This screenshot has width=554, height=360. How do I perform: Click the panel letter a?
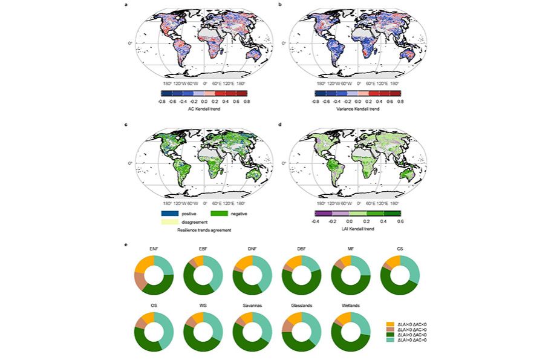click(126, 5)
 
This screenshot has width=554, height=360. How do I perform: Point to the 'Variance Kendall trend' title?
click(357, 110)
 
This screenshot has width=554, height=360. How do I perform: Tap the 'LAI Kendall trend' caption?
click(357, 231)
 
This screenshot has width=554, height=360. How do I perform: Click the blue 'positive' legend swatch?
click(169, 214)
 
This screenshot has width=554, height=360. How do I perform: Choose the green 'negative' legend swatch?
click(218, 214)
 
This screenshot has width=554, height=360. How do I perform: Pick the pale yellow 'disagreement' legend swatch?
click(169, 222)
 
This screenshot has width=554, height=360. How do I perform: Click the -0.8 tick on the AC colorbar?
click(161, 102)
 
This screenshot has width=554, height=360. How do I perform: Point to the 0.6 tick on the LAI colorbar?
click(400, 222)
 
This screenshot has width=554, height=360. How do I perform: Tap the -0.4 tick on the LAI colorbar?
click(315, 222)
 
